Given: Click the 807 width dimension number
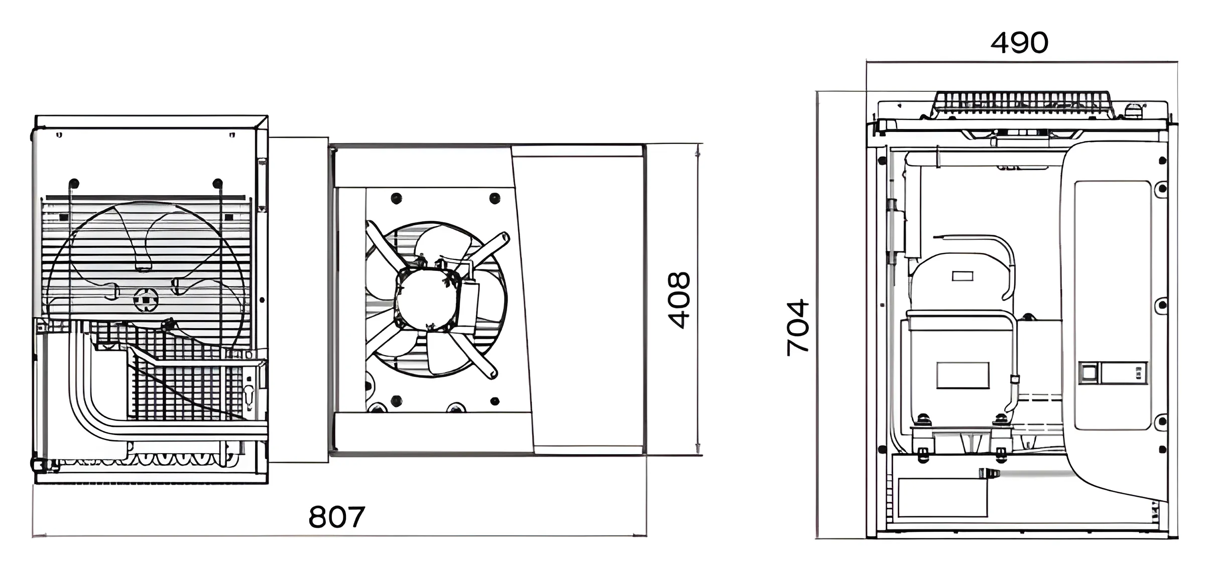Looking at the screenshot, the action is coord(336,517).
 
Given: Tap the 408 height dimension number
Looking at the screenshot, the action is coord(679,300).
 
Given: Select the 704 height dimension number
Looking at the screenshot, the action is coord(798,328).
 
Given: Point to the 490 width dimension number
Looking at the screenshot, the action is coord(1019,43).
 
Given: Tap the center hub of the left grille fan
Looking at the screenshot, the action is coord(146,300).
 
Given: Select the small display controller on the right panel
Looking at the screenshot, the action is coord(1113,373).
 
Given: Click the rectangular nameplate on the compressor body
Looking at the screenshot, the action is coord(962,375).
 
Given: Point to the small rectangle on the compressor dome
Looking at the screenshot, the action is coord(962,276).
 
